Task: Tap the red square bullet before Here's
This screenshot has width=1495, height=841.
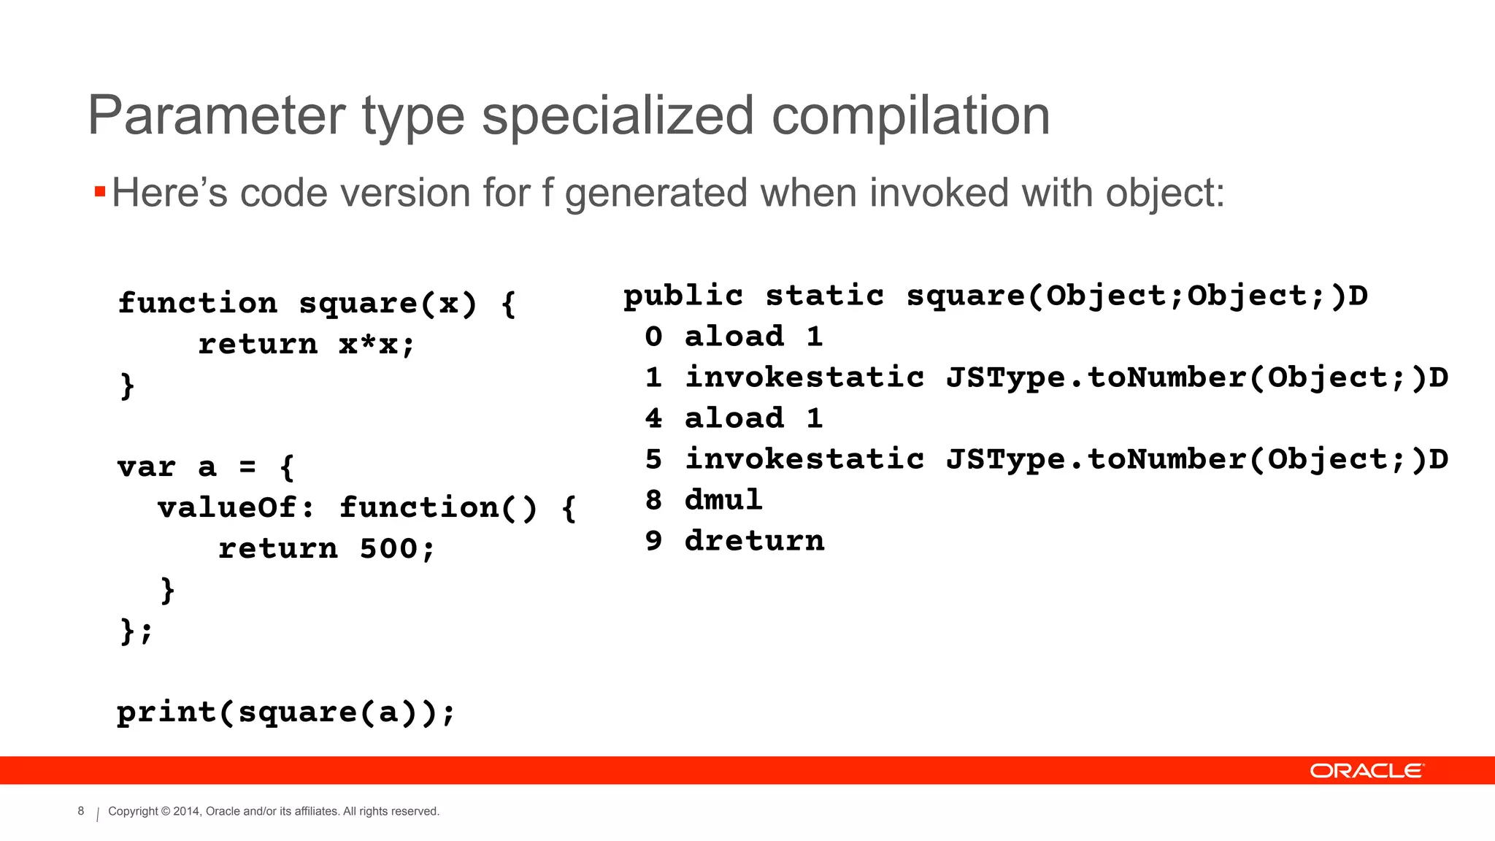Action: tap(100, 192)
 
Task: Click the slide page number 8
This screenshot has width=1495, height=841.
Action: tap(81, 811)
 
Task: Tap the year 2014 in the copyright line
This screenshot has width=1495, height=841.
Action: tap(185, 811)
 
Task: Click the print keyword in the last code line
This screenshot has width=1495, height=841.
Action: tap(166, 713)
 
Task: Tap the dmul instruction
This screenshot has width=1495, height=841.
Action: tap(723, 500)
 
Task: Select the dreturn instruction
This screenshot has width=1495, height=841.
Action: tap(754, 541)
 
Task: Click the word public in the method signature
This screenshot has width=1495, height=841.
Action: tap(683, 296)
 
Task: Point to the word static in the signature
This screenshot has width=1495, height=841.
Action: tap(824, 296)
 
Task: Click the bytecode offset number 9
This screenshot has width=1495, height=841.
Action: tap(653, 541)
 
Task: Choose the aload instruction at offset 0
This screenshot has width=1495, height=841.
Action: tap(734, 337)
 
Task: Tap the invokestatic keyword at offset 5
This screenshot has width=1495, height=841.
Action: tap(804, 459)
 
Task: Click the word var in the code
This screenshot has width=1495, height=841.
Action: tap(147, 466)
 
